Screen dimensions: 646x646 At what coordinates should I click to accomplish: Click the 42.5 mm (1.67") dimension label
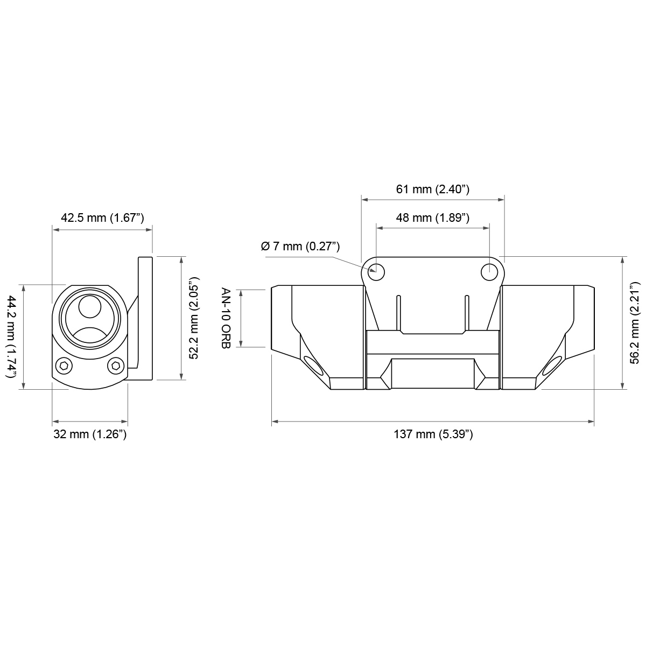pos(102,218)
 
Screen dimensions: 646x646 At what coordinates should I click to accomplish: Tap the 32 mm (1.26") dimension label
pos(90,434)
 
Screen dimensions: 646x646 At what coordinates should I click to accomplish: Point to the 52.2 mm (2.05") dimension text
pos(194,318)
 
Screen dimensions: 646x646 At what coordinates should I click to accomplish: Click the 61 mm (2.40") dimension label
pos(432,189)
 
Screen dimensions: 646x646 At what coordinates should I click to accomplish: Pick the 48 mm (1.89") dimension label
pos(432,218)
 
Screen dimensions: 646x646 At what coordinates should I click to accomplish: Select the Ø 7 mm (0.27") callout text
pos(300,247)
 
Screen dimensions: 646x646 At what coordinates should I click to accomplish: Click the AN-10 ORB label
pos(226,318)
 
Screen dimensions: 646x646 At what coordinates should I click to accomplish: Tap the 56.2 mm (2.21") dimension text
pos(634,323)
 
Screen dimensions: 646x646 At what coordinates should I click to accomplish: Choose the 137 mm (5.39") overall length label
pos(433,434)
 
